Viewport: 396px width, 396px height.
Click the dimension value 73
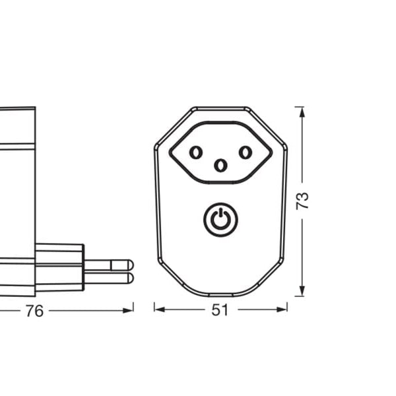pos(303,201)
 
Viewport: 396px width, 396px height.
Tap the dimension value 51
pos(220,310)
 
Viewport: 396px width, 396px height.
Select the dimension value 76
pos(34,311)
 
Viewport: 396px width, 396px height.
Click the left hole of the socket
pos(195,153)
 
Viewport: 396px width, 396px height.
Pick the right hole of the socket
pos(246,153)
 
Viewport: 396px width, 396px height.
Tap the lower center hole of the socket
pos(220,165)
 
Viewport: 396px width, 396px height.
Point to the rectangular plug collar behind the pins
pos(59,267)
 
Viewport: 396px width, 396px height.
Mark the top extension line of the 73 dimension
pos(300,106)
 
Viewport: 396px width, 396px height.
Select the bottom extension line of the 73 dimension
pos(300,296)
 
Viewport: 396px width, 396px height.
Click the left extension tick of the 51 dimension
pos(154,308)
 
